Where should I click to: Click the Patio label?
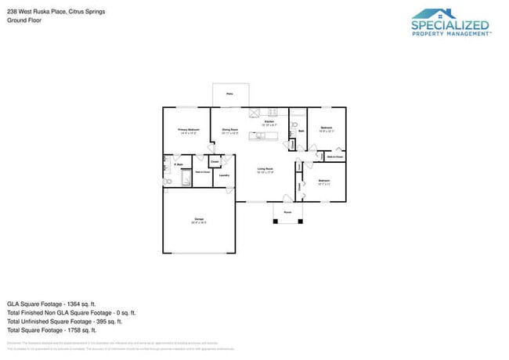[229, 94]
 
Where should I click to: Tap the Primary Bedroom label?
[188, 130]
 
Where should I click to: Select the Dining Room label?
[229, 130]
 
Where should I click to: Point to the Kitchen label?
[269, 123]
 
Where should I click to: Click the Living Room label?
[265, 170]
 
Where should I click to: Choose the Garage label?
[198, 220]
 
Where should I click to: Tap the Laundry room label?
[223, 175]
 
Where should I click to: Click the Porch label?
[287, 212]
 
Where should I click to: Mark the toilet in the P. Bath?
[167, 181]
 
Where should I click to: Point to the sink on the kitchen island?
[262, 136]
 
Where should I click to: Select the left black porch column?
[274, 221]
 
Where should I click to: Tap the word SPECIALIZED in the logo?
[450, 25]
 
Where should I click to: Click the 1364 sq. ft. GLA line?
[51, 303]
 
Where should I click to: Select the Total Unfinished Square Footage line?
[65, 321]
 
